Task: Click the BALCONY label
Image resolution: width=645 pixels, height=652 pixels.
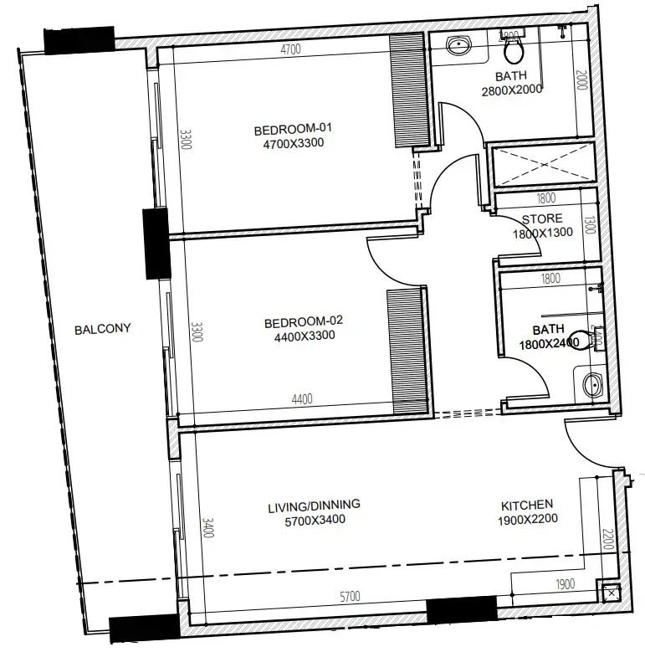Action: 103,329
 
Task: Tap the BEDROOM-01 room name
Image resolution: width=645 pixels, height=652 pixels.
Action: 293,129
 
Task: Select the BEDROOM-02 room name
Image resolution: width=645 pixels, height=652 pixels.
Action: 304,321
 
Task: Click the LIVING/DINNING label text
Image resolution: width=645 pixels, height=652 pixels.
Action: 314,505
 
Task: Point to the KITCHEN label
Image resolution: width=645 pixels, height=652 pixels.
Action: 526,505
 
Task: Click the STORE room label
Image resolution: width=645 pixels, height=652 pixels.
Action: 542,219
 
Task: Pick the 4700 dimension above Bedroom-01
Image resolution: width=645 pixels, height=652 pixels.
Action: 290,50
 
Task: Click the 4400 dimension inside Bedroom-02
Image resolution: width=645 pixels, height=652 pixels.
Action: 302,399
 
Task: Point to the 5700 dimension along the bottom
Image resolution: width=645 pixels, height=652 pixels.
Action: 350,597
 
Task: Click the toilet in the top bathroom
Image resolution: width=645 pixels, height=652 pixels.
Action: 514,49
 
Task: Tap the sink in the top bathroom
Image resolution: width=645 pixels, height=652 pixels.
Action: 457,45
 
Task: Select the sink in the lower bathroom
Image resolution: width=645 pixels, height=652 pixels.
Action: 591,387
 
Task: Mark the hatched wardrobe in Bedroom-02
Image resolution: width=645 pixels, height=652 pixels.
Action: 407,350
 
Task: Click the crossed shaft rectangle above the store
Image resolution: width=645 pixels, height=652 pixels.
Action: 542,167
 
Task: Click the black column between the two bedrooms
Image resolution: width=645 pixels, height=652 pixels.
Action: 156,243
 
